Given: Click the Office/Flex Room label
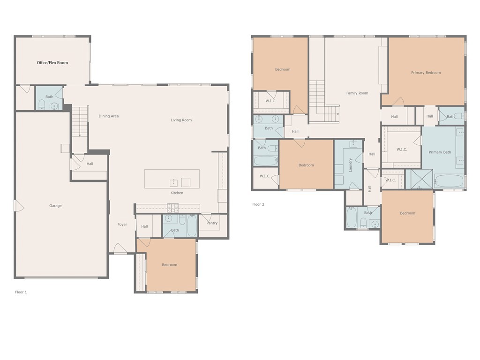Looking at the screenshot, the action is [52, 63].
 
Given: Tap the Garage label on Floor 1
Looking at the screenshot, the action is [55, 206].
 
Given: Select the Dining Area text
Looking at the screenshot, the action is [109, 116].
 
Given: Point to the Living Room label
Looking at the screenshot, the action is [181, 120].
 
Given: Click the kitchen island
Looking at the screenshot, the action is [172, 179].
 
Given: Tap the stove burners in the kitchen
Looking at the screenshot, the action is [173, 208].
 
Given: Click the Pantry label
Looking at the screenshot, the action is [212, 223].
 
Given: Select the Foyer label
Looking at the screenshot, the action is [122, 225].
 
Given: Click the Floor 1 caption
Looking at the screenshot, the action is [21, 292].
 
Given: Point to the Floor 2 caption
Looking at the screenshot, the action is [258, 204].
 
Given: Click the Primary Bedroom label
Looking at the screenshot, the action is [426, 73].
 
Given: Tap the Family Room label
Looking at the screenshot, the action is [357, 93].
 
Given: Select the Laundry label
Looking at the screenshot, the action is [351, 165].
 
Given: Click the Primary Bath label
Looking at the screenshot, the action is [440, 152].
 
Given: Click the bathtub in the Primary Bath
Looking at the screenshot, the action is [449, 181].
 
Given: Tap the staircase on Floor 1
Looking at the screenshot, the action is [80, 121].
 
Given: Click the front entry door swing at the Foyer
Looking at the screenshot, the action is [120, 248].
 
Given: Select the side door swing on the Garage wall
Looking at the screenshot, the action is [19, 206].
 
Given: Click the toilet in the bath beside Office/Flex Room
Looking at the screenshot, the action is [42, 105].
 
